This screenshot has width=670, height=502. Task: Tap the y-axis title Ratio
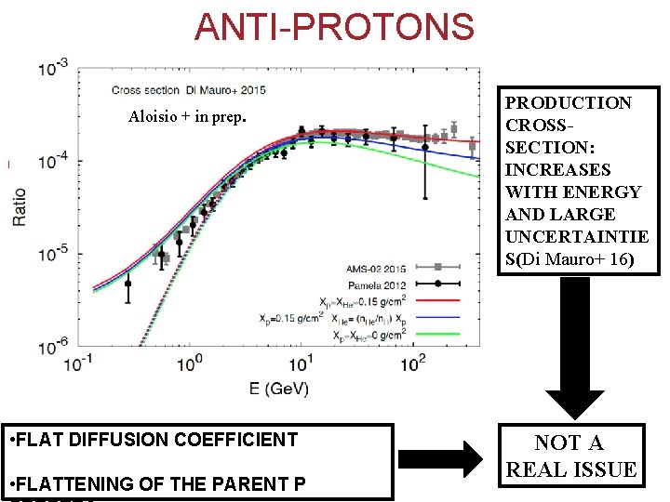tap(20, 206)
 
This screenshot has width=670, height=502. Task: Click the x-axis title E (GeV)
tap(278, 388)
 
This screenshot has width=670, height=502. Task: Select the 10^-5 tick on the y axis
tap(52, 254)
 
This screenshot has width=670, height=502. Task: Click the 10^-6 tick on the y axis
tap(52, 346)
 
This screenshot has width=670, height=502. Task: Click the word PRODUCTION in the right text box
tap(568, 102)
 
